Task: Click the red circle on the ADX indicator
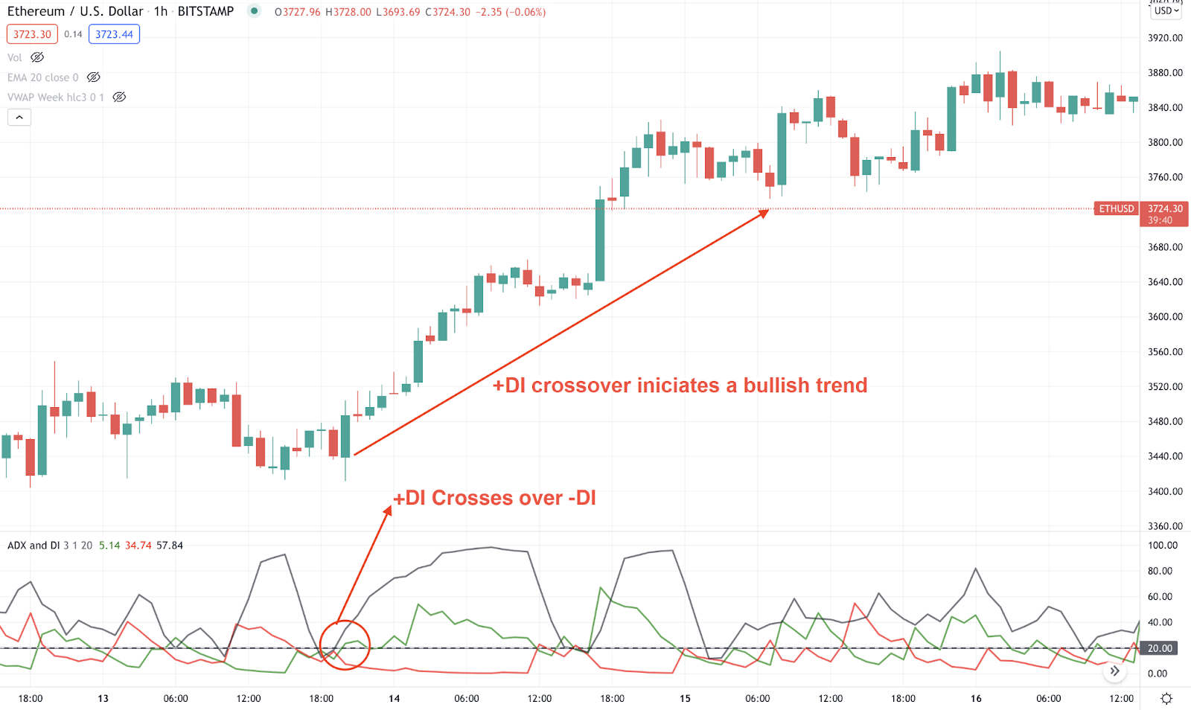coord(345,645)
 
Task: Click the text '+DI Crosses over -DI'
coord(494,498)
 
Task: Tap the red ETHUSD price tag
coord(1117,208)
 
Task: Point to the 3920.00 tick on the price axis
coord(1165,38)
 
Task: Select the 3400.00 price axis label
coord(1165,491)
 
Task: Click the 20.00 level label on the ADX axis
coord(1160,648)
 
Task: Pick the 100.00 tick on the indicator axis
coord(1163,546)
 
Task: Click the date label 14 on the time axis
coord(394,698)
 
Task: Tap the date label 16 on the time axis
coord(976,698)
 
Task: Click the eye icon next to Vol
coord(37,57)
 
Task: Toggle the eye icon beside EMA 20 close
coord(93,77)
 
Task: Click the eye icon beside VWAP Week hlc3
coord(119,97)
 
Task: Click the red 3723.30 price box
coord(32,34)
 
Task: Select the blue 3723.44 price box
coord(114,34)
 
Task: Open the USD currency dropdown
coord(1166,10)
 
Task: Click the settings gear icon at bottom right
coord(1166,698)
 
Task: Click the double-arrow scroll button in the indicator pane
coord(1114,671)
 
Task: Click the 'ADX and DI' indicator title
coord(33,546)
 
